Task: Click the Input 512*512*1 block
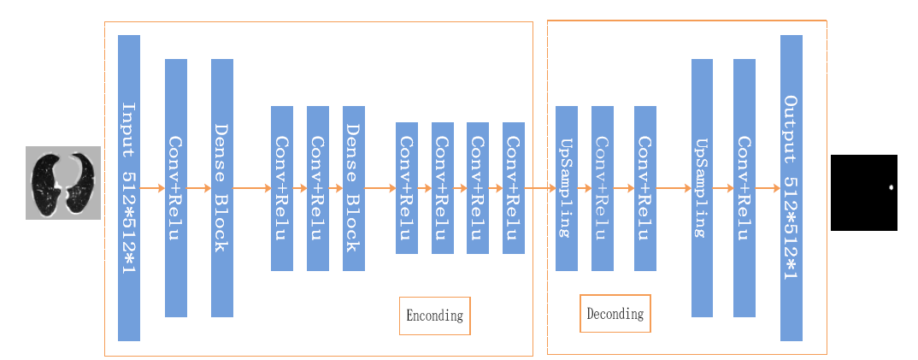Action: tap(129, 188)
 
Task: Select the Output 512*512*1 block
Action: tap(791, 188)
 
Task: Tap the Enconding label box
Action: tap(434, 316)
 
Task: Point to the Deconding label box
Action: tap(615, 313)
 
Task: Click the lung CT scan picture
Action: tap(63, 183)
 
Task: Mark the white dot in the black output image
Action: tap(891, 187)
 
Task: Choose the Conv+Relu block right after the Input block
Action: tap(176, 188)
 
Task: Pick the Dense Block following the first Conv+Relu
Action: tap(222, 188)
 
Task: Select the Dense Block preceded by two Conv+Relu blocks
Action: tap(354, 188)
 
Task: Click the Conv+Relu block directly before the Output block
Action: tap(744, 188)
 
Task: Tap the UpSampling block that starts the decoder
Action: tap(567, 188)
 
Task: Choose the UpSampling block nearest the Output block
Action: tap(702, 188)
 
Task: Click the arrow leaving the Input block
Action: tap(153, 188)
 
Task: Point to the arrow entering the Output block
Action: tap(768, 188)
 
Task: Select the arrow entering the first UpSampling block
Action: tap(540, 188)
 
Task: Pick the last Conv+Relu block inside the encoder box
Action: tap(514, 188)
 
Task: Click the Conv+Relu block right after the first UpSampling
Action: tap(603, 188)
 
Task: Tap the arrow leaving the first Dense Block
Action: tap(252, 188)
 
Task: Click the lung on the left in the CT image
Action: tap(46, 182)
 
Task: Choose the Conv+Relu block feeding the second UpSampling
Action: tap(645, 188)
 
